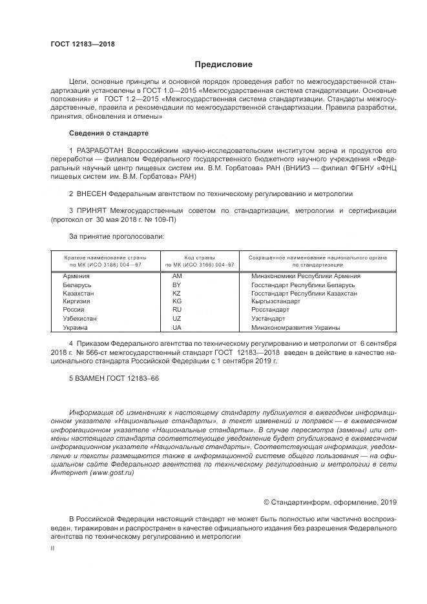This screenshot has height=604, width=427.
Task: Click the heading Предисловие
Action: (x=224, y=65)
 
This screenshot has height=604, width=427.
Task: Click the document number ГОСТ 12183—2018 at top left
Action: (x=82, y=44)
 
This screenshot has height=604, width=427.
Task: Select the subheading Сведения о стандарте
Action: (x=109, y=133)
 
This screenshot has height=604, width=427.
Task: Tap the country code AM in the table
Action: (x=178, y=276)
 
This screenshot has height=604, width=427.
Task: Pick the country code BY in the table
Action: (x=177, y=285)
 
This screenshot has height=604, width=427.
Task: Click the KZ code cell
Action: (x=177, y=293)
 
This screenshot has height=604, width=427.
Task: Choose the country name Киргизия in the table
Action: (x=77, y=301)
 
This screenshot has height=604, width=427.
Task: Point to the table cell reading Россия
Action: (x=74, y=310)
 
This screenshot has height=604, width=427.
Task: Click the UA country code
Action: (x=177, y=327)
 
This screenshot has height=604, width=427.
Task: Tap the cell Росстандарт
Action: (x=270, y=310)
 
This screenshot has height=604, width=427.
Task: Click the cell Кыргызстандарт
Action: (x=276, y=301)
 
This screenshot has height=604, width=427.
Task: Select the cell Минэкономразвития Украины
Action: (x=295, y=327)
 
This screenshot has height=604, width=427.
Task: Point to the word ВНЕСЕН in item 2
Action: (x=92, y=193)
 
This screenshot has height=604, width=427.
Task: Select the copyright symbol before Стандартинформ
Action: (x=267, y=502)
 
